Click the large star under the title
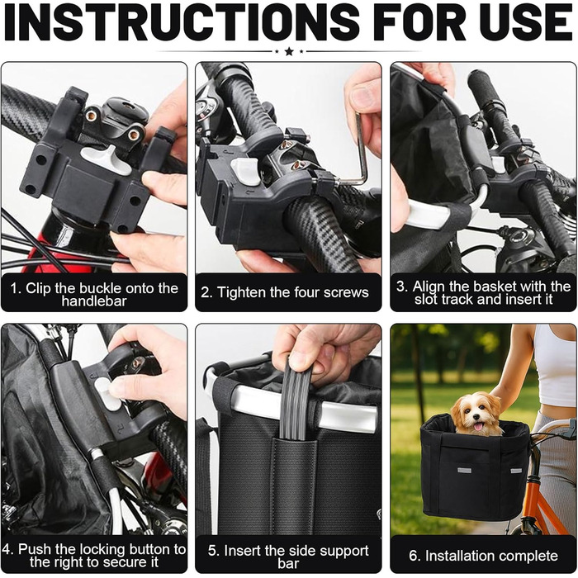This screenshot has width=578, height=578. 289,51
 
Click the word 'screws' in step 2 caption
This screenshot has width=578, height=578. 344,292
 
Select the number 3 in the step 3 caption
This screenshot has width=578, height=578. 400,287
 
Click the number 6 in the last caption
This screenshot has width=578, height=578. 413,556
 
